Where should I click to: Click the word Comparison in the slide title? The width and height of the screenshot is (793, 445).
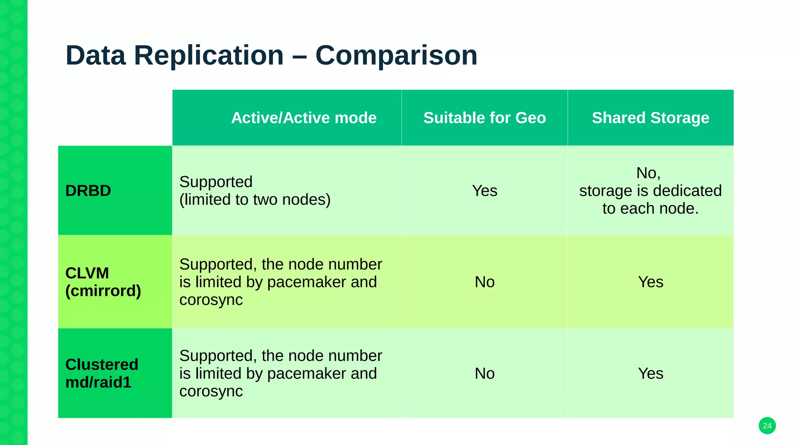click(396, 55)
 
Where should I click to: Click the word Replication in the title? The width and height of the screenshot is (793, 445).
click(209, 55)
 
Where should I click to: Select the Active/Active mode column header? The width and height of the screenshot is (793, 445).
click(304, 118)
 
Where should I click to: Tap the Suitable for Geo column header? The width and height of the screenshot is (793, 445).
click(484, 118)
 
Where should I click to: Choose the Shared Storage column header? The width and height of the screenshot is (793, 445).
click(651, 118)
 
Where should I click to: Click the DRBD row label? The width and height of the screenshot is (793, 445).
click(88, 191)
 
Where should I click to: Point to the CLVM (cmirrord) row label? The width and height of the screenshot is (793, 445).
click(103, 282)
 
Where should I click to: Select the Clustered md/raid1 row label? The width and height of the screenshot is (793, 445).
click(102, 373)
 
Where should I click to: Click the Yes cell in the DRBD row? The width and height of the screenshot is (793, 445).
click(484, 191)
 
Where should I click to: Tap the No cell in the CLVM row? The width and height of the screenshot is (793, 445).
click(484, 282)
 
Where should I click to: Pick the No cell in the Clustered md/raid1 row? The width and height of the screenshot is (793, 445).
click(484, 373)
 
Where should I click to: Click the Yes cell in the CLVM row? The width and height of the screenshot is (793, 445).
click(651, 282)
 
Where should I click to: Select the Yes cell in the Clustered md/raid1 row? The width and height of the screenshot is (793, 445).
click(651, 373)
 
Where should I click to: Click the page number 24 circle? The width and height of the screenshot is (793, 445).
click(767, 426)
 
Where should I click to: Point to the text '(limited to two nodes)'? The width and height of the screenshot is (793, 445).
click(255, 200)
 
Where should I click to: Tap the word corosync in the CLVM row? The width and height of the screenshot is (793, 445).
click(211, 300)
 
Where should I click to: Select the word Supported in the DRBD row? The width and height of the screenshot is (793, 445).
click(216, 182)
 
